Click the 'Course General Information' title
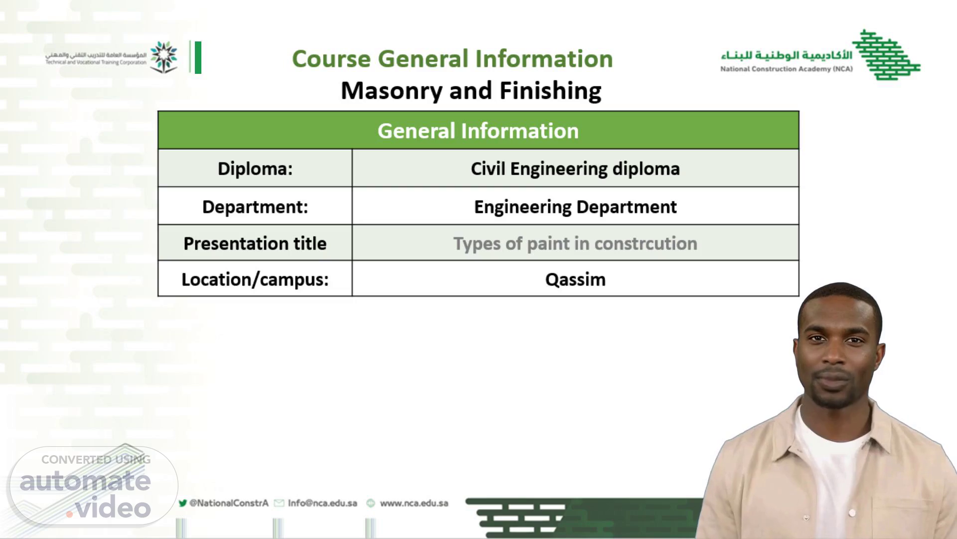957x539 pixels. click(x=452, y=59)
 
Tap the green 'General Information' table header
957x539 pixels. click(x=478, y=131)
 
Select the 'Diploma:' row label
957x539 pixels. click(x=255, y=169)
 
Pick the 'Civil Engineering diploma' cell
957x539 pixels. click(x=575, y=169)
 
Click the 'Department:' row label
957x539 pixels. click(x=255, y=207)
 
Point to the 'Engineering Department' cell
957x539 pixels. click(x=575, y=207)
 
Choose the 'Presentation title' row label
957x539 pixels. click(x=255, y=244)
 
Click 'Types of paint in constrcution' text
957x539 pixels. click(x=575, y=244)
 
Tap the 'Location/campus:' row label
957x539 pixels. click(x=255, y=279)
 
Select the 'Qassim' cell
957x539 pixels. click(x=575, y=279)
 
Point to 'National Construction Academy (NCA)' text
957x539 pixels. click(x=786, y=69)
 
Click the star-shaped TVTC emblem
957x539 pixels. click(x=164, y=57)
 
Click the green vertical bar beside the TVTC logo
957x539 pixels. click(x=198, y=57)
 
